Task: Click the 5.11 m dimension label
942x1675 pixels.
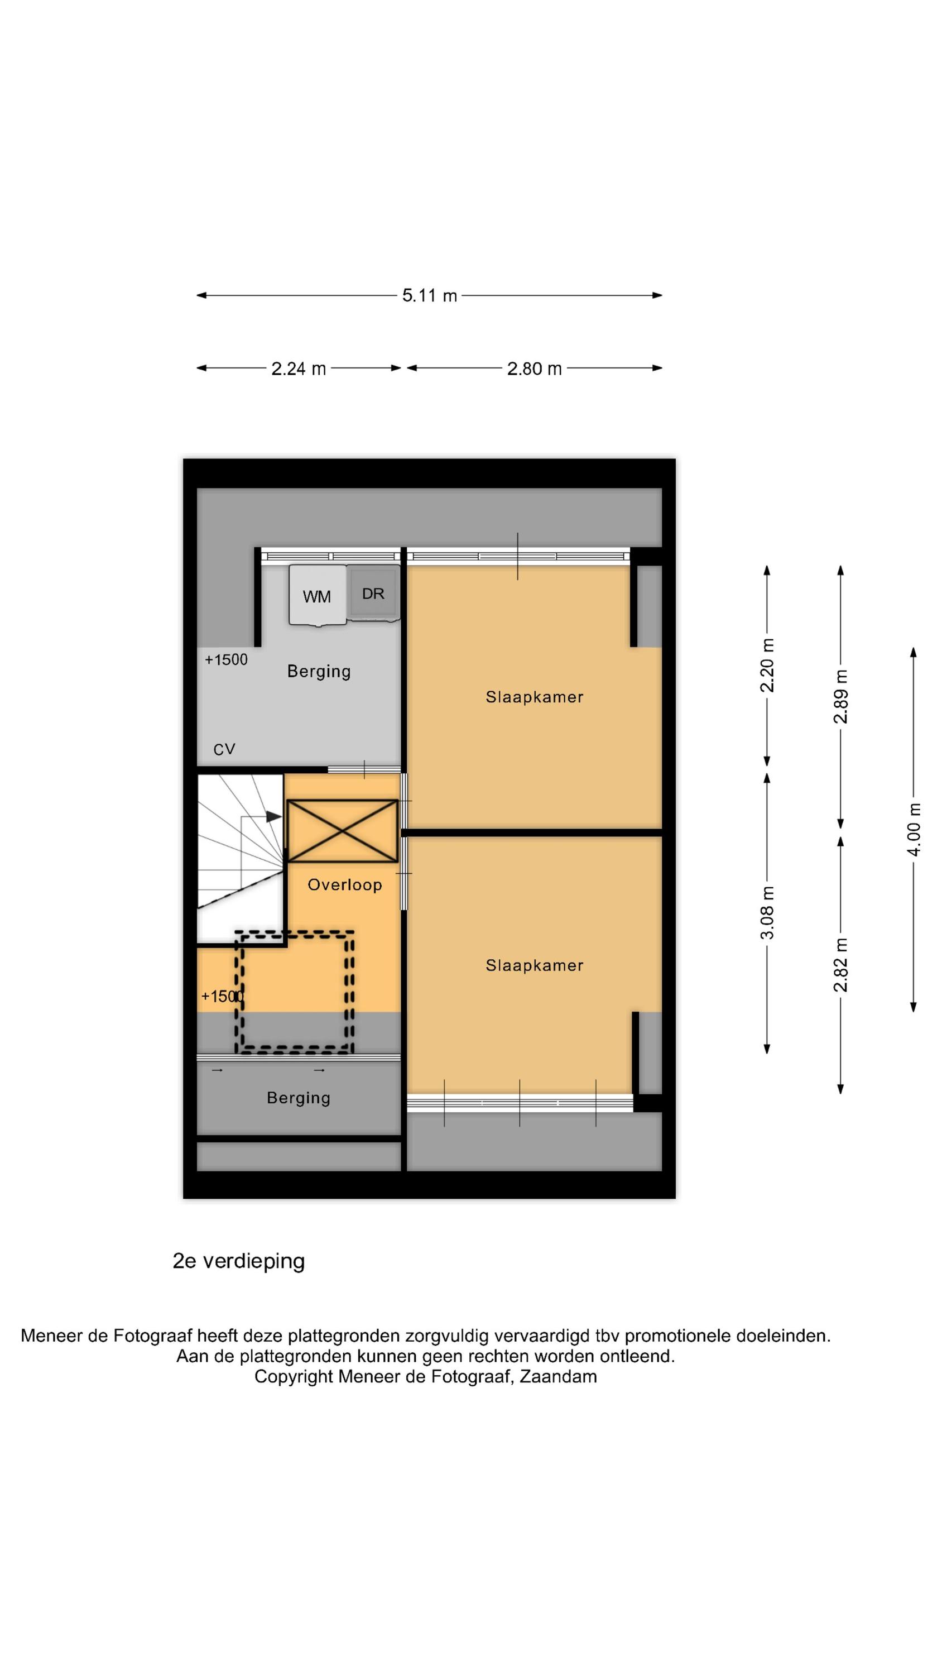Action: click(429, 295)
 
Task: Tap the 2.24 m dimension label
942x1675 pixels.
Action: click(299, 368)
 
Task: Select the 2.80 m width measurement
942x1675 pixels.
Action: click(535, 368)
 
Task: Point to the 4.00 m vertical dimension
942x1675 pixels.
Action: click(914, 830)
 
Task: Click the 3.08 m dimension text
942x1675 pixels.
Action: click(767, 912)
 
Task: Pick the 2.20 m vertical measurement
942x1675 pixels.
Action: click(767, 665)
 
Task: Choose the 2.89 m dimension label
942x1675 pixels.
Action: click(840, 696)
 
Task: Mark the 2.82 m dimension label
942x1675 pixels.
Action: click(840, 965)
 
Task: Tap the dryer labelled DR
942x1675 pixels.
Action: click(373, 592)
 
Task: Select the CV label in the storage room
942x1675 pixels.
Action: click(224, 750)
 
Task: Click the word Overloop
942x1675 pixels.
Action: click(344, 884)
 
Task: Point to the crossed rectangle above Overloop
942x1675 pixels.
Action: click(342, 831)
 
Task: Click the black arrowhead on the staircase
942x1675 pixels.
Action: click(273, 816)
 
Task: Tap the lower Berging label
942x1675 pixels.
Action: click(299, 1098)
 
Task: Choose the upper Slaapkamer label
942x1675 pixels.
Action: click(535, 697)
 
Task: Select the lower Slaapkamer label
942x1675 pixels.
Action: click(535, 965)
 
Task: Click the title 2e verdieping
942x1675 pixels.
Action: click(239, 1261)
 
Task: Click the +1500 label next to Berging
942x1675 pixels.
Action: click(226, 659)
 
